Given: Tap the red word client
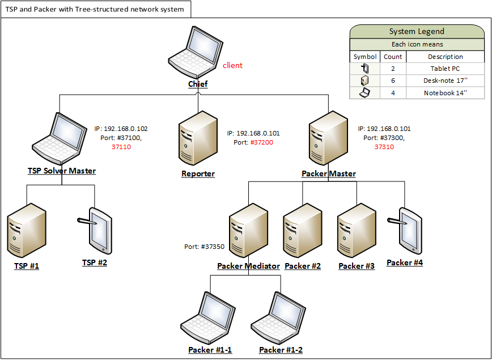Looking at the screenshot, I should [x=232, y=65].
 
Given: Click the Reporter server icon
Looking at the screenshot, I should [x=198, y=139].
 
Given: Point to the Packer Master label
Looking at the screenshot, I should [x=329, y=173].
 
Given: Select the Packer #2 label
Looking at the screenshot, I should [x=303, y=266].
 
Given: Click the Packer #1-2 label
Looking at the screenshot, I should [x=281, y=350].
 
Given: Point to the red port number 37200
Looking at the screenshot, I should [x=262, y=142].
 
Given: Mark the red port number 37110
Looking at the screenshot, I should [x=121, y=147].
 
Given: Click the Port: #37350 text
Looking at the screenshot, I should [x=204, y=247].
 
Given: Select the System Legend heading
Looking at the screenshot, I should [x=417, y=32].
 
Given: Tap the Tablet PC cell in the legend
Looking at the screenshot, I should [x=446, y=69].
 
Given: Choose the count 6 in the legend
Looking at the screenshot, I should [x=393, y=81].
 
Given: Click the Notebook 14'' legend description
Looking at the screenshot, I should [x=446, y=93].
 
